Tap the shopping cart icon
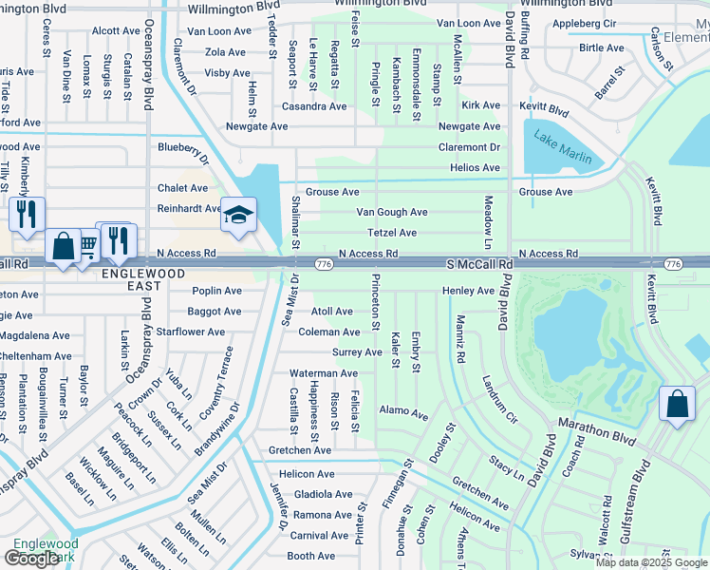[86, 247]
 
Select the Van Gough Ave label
[391, 212]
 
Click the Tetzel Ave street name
[392, 233]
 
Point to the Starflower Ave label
[191, 332]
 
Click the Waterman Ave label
[324, 373]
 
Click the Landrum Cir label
[498, 398]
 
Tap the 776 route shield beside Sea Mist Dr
[323, 263]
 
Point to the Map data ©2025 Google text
[650, 562]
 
